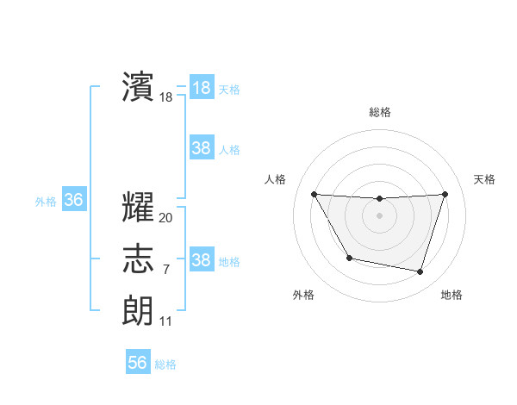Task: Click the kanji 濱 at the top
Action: point(138,88)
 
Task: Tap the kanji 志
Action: point(138,259)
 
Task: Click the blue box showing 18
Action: point(201,88)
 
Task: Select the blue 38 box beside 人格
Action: point(201,148)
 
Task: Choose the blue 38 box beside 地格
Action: point(201,260)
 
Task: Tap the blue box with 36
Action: point(74,201)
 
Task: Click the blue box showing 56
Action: point(138,363)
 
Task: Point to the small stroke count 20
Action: point(165,218)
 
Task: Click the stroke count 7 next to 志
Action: point(165,270)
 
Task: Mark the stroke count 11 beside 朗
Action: point(165,321)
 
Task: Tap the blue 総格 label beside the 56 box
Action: point(165,364)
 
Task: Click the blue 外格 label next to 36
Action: point(46,202)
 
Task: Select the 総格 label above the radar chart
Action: point(379,112)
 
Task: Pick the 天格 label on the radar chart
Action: point(484,179)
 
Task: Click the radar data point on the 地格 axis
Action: point(420,272)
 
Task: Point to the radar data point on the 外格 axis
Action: point(349,258)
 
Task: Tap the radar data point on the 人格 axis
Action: point(314,194)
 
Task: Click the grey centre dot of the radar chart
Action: point(379,215)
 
